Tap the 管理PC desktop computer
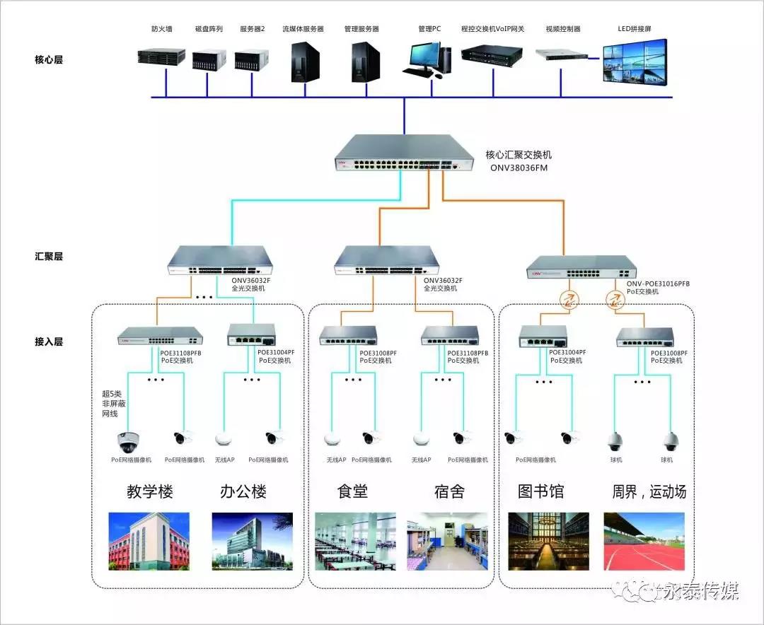click(427, 59)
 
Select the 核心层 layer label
click(49, 60)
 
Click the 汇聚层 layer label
click(49, 257)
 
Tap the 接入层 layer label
click(49, 341)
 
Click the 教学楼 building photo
click(149, 541)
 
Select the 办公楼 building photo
click(252, 541)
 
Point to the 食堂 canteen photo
click(355, 541)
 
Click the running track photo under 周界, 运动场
click(644, 541)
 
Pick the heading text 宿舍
click(448, 491)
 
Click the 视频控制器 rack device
click(563, 54)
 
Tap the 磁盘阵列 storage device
click(209, 59)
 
